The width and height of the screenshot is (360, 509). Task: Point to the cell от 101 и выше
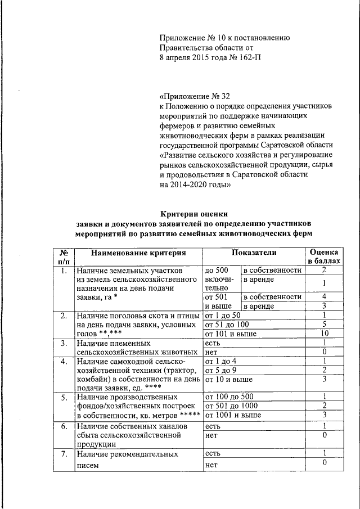tap(230, 334)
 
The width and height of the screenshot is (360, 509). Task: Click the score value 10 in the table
tap(325, 334)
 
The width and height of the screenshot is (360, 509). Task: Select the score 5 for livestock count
tap(325, 325)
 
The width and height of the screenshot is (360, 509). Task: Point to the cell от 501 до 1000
tap(231, 406)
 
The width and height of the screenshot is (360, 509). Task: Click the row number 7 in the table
tap(64, 453)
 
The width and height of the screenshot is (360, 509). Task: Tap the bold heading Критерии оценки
tap(195, 213)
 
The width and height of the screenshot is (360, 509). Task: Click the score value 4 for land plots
tap(325, 296)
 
